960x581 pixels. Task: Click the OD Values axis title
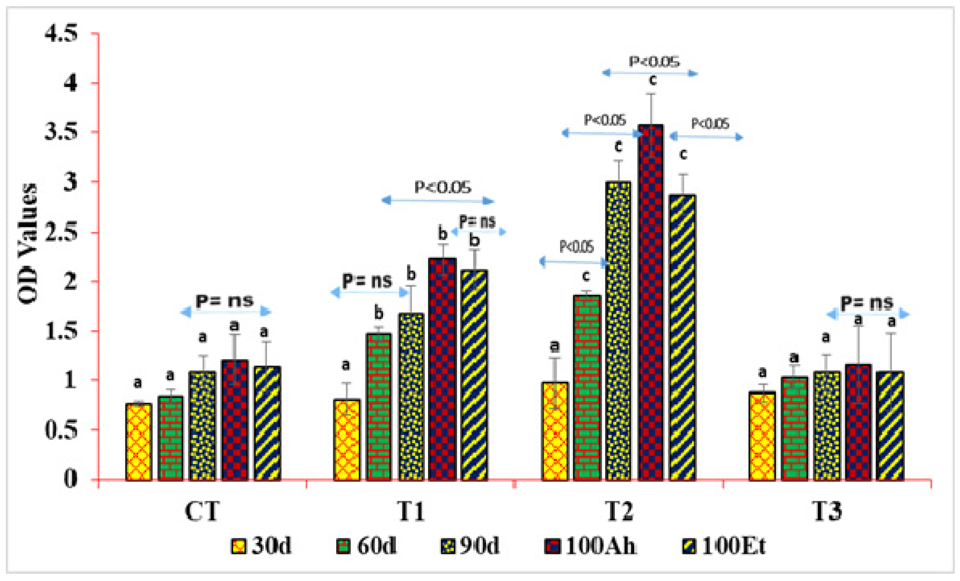pos(28,244)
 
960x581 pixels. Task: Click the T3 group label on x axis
pos(827,511)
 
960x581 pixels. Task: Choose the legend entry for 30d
pos(261,546)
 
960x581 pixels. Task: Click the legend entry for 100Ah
pos(590,546)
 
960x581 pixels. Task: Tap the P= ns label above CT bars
pos(225,300)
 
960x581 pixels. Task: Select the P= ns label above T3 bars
pos(867,303)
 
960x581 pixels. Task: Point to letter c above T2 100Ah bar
pos(652,80)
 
